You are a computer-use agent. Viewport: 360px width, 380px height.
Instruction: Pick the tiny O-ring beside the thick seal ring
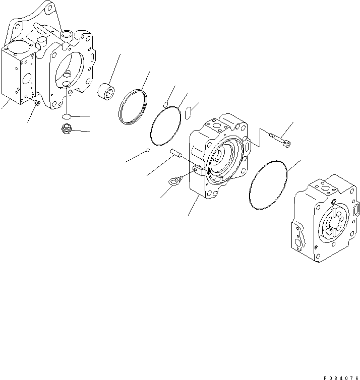[x=165, y=104]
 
